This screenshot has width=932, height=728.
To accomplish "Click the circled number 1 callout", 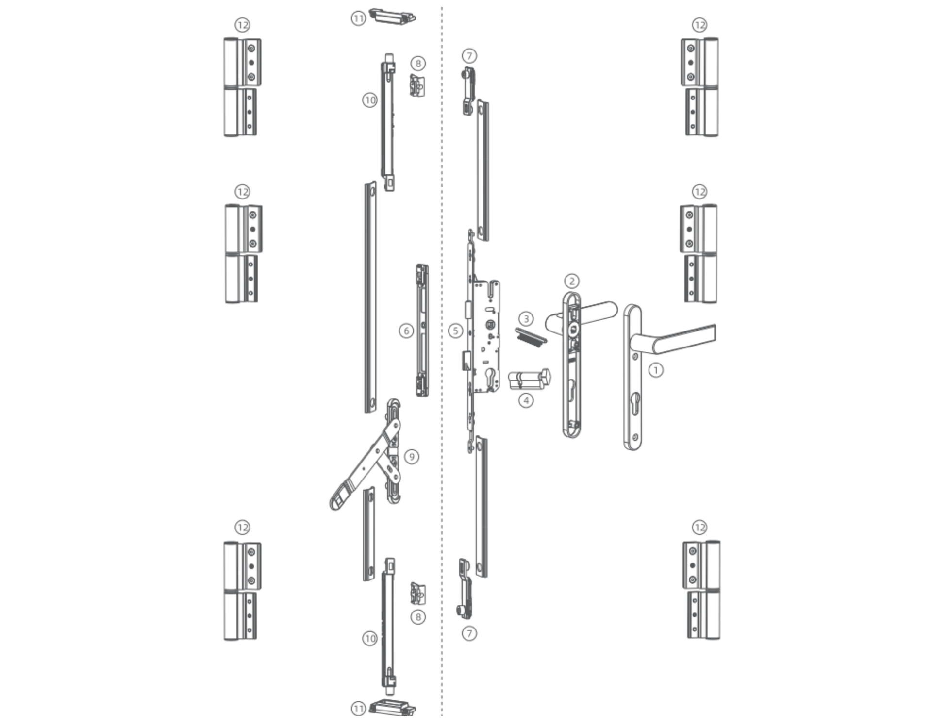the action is click(x=656, y=370).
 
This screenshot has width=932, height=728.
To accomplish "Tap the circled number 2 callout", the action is click(x=572, y=281).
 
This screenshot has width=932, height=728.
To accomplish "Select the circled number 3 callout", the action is click(x=526, y=319).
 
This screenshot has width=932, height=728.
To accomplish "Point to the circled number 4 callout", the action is click(x=526, y=401).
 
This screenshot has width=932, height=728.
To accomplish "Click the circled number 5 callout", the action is click(x=455, y=331).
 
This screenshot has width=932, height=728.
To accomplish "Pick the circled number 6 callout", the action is click(x=406, y=331).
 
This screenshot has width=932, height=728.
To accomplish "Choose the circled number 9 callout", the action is click(x=412, y=457).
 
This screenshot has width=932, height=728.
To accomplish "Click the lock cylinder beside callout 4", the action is click(x=530, y=379).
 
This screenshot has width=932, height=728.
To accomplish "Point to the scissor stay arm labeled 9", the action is click(x=365, y=464).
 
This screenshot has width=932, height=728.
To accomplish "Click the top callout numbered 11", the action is click(x=358, y=19).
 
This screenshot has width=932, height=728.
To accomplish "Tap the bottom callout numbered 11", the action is click(x=358, y=709).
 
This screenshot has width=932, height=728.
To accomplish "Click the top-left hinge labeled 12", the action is click(x=242, y=87).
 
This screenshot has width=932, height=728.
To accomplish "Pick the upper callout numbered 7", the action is click(x=469, y=56).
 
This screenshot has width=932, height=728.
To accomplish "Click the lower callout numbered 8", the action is click(x=418, y=617).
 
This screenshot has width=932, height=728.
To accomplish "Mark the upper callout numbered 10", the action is click(x=370, y=100).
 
